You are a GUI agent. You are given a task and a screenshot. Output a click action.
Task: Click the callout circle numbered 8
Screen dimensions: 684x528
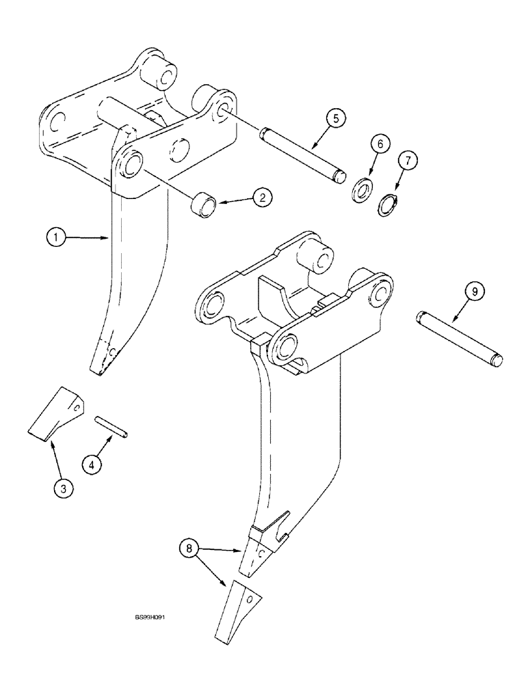click(x=190, y=549)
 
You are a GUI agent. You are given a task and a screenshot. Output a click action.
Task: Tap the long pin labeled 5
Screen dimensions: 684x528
click(x=302, y=154)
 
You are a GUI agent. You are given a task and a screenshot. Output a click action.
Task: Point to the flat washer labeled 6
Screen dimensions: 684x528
click(x=362, y=189)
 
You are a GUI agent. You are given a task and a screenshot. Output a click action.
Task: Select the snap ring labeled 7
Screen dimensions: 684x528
click(x=388, y=205)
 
